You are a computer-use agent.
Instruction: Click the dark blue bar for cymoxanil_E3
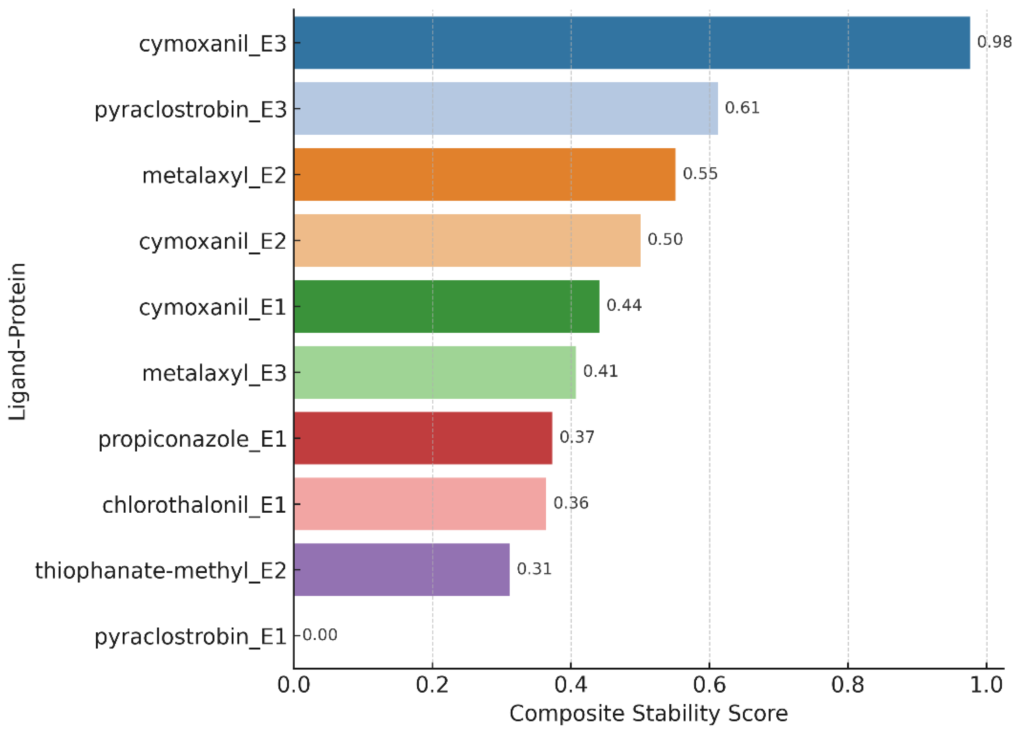pyautogui.click(x=632, y=43)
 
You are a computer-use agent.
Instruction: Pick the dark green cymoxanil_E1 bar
pyautogui.click(x=446, y=306)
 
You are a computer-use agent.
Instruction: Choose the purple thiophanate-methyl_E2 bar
pyautogui.click(x=402, y=569)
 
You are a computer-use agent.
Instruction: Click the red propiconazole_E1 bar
pyautogui.click(x=423, y=438)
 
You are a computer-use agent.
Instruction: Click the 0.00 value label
pyautogui.click(x=320, y=635)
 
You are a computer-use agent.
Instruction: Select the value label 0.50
pyautogui.click(x=665, y=240)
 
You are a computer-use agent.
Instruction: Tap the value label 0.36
pyautogui.click(x=571, y=503)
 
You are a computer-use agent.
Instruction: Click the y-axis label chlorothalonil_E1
pyautogui.click(x=194, y=505)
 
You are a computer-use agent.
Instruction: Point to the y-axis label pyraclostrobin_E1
pyautogui.click(x=190, y=637)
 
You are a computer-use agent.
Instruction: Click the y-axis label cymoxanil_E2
pyautogui.click(x=212, y=241)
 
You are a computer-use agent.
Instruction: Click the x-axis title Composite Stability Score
pyautogui.click(x=648, y=714)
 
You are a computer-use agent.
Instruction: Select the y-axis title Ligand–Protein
pyautogui.click(x=18, y=342)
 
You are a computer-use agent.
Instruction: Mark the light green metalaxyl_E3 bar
pyautogui.click(x=435, y=372)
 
